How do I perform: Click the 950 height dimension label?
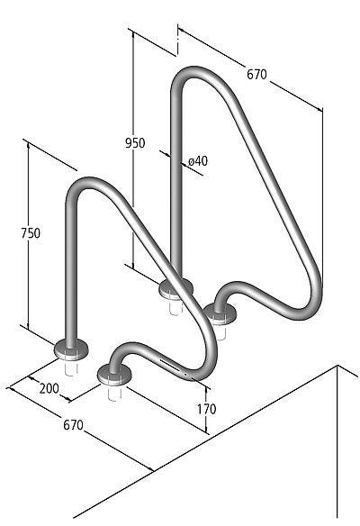pos(135,143)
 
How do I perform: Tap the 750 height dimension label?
pos(31,233)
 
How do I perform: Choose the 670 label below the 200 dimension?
pos(72,423)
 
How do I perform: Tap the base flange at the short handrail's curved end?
pos(112,371)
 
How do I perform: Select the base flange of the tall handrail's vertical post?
pos(175,289)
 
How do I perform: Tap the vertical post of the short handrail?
pos(68,270)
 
